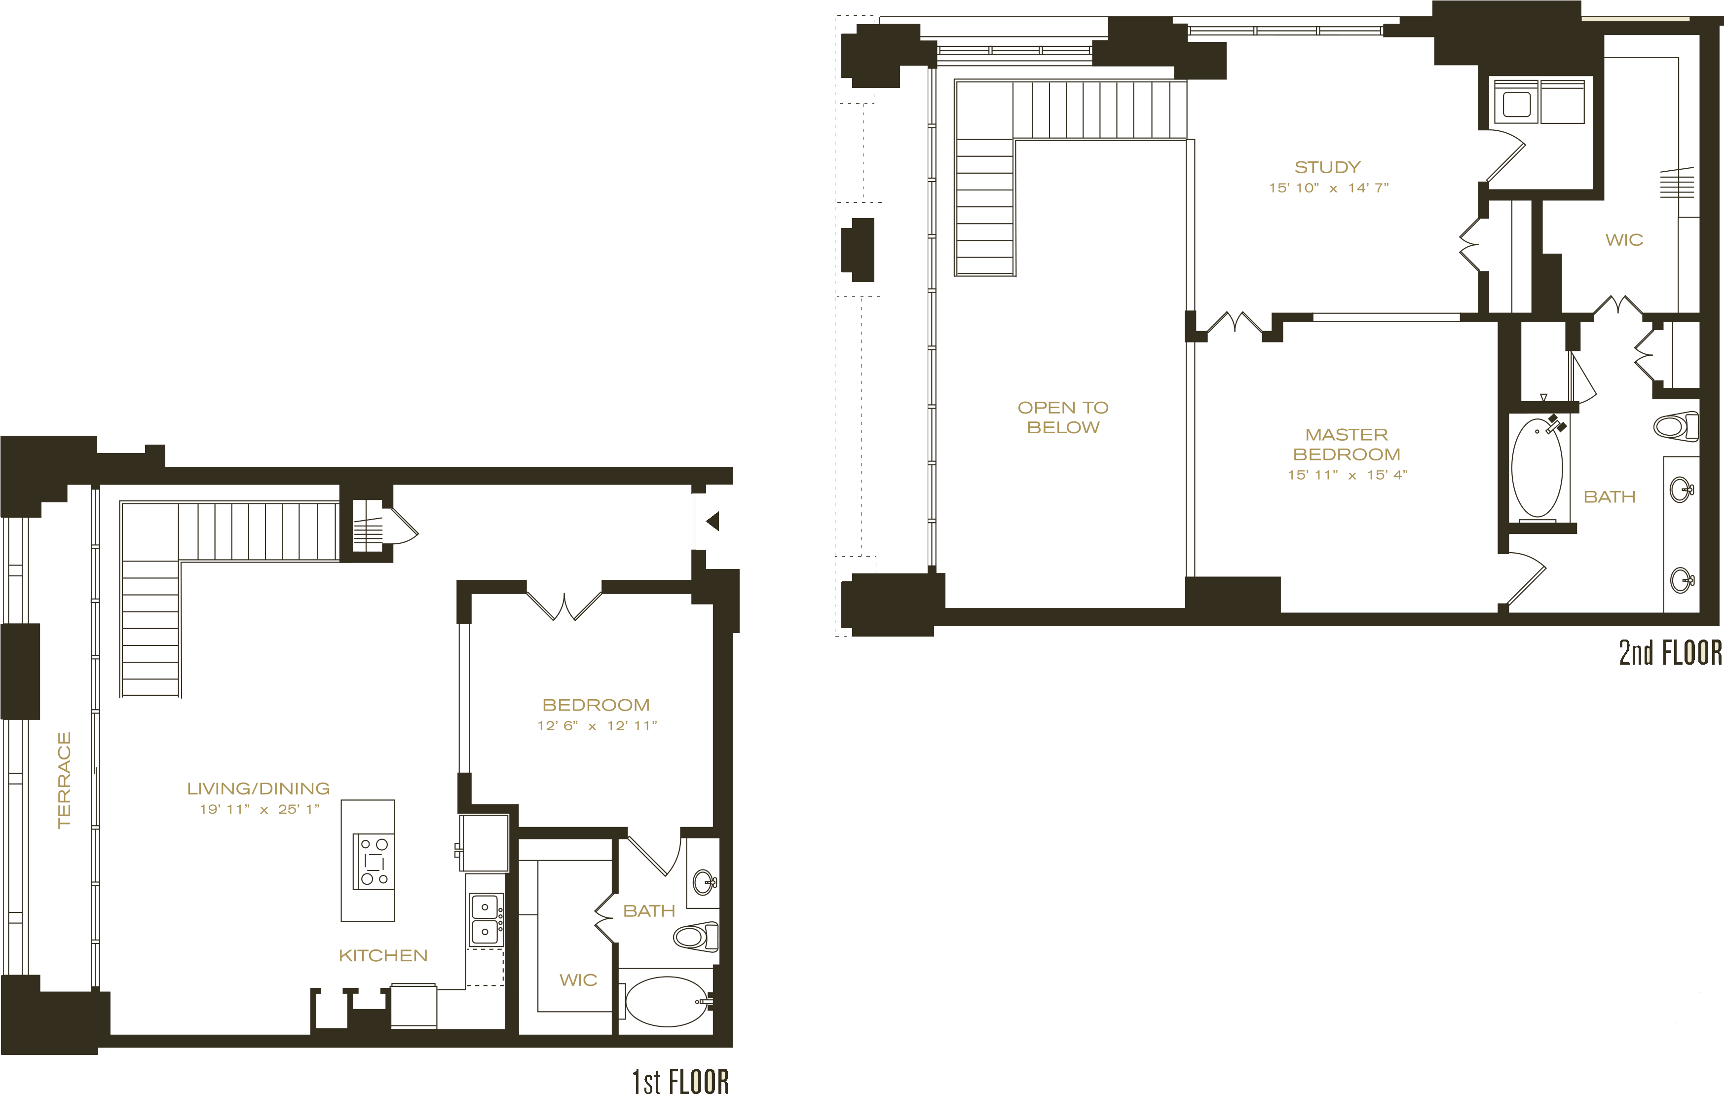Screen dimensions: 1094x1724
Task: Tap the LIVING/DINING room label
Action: tap(259, 788)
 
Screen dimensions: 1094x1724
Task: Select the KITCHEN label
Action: tap(383, 955)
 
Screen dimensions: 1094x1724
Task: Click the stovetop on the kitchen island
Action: tap(374, 861)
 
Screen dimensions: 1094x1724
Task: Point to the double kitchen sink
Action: tap(486, 919)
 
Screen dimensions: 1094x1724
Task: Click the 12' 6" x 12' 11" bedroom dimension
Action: tap(597, 725)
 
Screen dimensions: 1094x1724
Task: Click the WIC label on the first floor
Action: tap(578, 980)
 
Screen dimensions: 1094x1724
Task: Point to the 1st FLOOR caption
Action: tap(680, 1080)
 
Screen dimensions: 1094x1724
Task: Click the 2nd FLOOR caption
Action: tap(1670, 652)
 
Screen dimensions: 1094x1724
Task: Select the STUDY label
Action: tap(1327, 167)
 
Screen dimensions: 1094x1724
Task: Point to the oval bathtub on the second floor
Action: tap(1537, 468)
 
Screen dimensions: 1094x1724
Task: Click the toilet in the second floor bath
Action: tap(1675, 427)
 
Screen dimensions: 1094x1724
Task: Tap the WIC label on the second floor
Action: tap(1624, 240)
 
